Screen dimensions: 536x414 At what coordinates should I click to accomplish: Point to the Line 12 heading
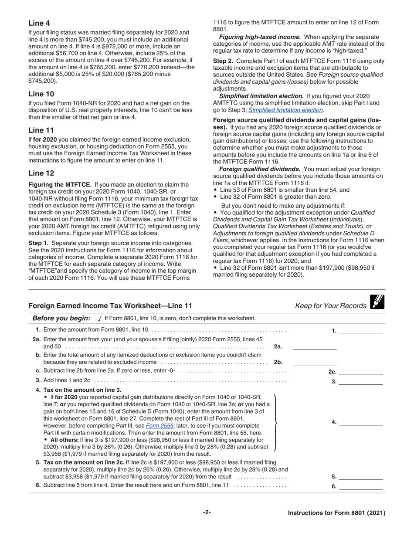(x=41, y=173)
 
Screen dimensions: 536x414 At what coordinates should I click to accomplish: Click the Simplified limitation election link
(x=285, y=110)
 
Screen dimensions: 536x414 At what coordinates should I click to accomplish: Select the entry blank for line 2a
(x=314, y=347)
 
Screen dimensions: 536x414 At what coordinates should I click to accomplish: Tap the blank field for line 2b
(x=314, y=362)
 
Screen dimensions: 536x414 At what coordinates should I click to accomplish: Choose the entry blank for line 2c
(x=360, y=372)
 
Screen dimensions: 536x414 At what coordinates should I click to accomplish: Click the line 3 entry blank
(x=360, y=382)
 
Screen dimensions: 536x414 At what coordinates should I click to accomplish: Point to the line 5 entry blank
(x=360, y=477)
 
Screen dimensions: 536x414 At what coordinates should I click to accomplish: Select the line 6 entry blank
(x=360, y=486)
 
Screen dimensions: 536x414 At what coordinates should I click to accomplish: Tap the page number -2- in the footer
(x=207, y=512)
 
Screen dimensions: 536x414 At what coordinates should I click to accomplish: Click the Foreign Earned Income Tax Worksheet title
(x=110, y=306)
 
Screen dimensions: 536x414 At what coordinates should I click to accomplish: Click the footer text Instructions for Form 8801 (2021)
(x=336, y=513)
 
